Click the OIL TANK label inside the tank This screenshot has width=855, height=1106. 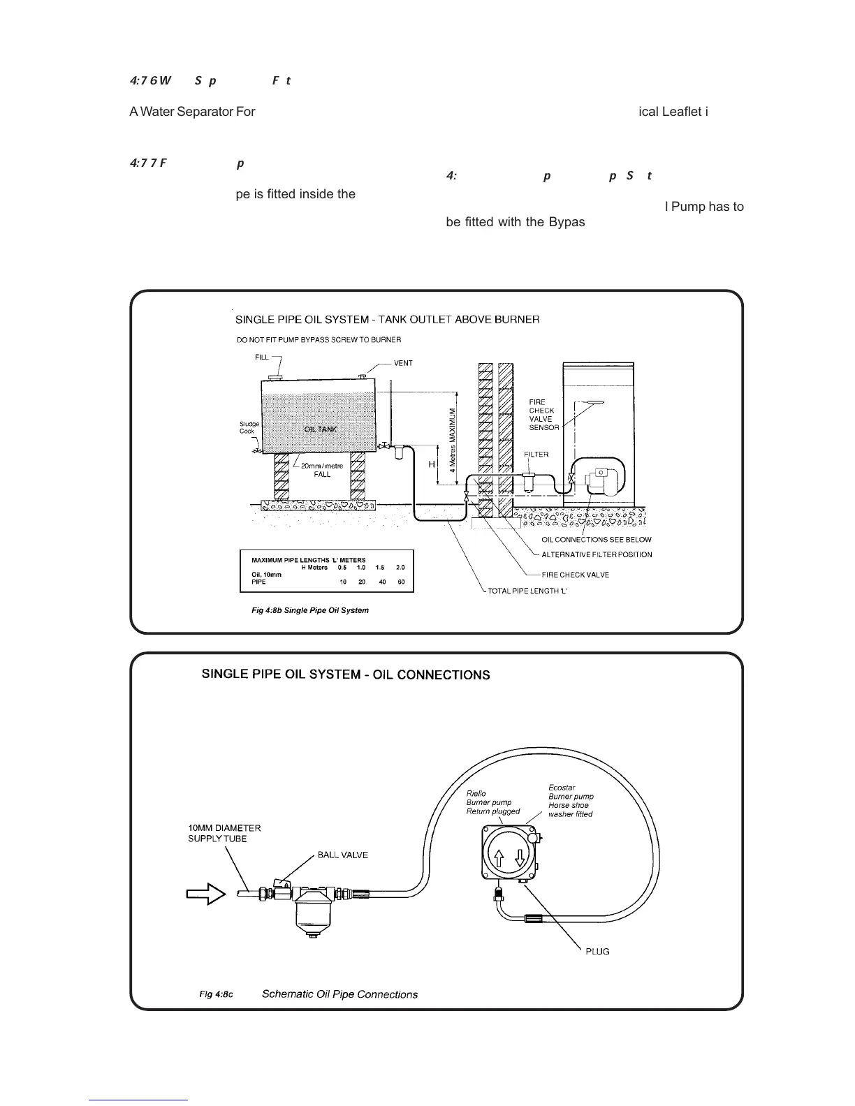pyautogui.click(x=320, y=429)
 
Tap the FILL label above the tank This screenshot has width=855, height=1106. pyautogui.click(x=261, y=357)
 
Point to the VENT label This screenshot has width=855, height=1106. pyautogui.click(x=403, y=363)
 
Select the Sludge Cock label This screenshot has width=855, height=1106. pyautogui.click(x=249, y=427)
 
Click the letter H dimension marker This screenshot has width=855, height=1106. pyautogui.click(x=431, y=464)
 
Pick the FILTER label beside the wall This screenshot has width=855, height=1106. pyautogui.click(x=536, y=455)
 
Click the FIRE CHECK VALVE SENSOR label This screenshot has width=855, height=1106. pyautogui.click(x=543, y=415)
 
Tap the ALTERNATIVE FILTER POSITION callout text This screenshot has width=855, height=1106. pyautogui.click(x=597, y=554)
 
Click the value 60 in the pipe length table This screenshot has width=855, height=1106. pyautogui.click(x=401, y=582)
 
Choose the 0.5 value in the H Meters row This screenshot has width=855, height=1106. pyautogui.click(x=342, y=568)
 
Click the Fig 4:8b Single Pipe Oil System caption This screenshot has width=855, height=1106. pyautogui.click(x=309, y=610)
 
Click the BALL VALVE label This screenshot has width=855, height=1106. pyautogui.click(x=342, y=855)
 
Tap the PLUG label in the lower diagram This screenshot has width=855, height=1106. pyautogui.click(x=597, y=952)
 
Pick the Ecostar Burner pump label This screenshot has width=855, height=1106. pyautogui.click(x=571, y=800)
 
